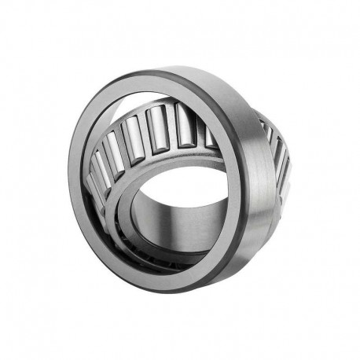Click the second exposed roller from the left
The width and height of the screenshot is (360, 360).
coord(115,152)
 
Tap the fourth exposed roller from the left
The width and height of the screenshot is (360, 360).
coord(160,125)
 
